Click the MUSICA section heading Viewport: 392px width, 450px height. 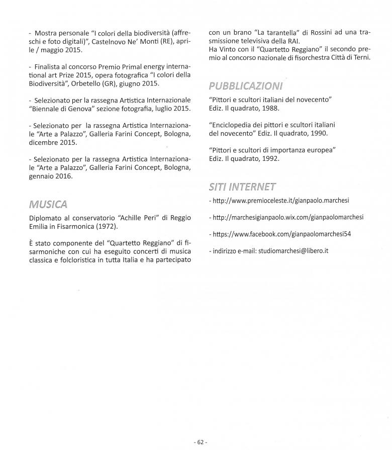point(48,204)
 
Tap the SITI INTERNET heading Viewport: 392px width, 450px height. point(242,187)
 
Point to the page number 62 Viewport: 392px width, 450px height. point(200,442)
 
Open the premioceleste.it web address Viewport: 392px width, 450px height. point(281,201)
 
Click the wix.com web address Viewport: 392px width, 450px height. point(288,218)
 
